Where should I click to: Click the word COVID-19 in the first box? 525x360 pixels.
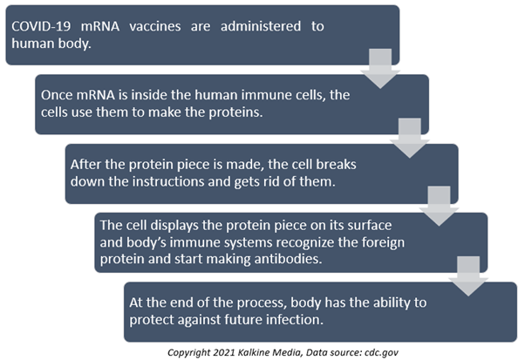coord(41,26)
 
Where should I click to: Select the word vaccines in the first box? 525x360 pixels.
coord(155,26)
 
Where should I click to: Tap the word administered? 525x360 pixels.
coord(261,26)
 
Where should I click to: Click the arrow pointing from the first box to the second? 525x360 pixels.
coord(380,69)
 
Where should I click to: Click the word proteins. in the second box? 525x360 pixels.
coord(235,112)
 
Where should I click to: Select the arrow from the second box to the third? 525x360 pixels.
coord(410,138)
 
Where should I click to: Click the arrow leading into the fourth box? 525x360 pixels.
coord(439,206)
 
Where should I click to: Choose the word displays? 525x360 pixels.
coord(174,226)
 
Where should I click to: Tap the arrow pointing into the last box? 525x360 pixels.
coord(468,276)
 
